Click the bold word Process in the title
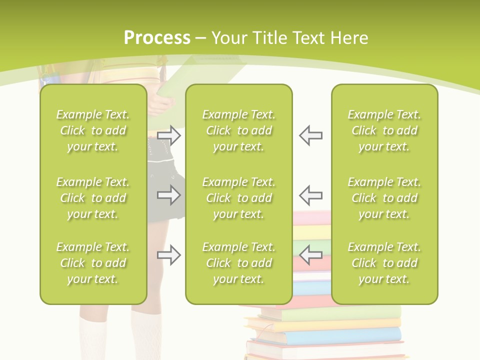pyautogui.click(x=157, y=38)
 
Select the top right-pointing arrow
pyautogui.click(x=169, y=135)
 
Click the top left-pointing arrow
pyautogui.click(x=310, y=135)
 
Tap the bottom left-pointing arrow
pyautogui.click(x=310, y=255)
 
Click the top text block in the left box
pyautogui.click(x=93, y=130)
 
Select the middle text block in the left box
pyautogui.click(x=93, y=198)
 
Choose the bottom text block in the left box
pyautogui.click(x=93, y=263)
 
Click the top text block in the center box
pyautogui.click(x=238, y=130)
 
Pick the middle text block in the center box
pyautogui.click(x=238, y=198)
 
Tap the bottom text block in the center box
pyautogui.click(x=238, y=263)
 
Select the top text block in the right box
pyautogui.click(x=384, y=130)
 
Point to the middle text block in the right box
pyautogui.click(x=384, y=198)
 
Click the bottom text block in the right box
pyautogui.click(x=384, y=263)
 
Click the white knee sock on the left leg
pyautogui.click(x=93, y=337)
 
